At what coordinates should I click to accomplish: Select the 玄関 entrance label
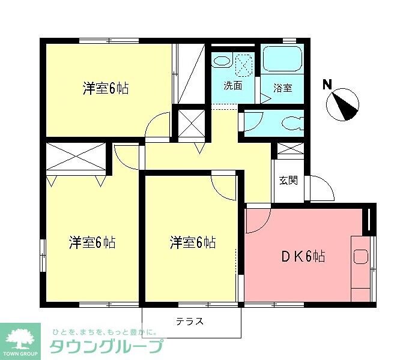tap(288, 180)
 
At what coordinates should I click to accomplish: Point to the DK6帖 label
tap(304, 257)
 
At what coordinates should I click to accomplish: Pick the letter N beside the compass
tap(327, 85)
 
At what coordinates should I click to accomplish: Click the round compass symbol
tap(344, 104)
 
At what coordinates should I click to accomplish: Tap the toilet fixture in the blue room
tap(292, 124)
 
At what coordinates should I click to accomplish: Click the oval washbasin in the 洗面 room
tap(222, 61)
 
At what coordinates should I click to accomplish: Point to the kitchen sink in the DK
tap(360, 257)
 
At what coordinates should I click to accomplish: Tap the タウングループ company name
tap(106, 347)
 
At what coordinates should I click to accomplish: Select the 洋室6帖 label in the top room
tap(105, 89)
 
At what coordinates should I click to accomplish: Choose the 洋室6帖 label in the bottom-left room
tap(92, 243)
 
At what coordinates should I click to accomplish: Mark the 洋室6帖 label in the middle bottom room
tap(192, 243)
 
